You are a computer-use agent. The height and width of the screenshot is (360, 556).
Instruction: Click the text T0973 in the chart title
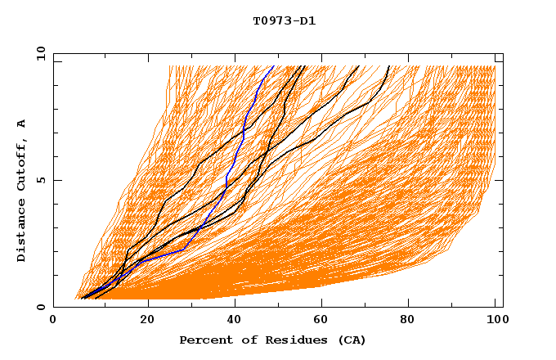click(271, 21)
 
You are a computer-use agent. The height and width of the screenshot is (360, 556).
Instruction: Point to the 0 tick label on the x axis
click(53, 321)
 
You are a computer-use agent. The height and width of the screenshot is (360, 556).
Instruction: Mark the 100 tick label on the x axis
click(495, 321)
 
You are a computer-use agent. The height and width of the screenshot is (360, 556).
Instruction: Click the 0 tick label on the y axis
click(40, 307)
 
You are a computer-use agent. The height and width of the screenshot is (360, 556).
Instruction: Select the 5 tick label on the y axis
click(40, 180)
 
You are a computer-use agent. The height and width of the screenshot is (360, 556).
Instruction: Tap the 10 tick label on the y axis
click(39, 53)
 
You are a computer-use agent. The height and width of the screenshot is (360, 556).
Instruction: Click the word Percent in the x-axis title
click(204, 340)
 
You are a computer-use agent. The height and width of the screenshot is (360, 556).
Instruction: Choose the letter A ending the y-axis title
click(22, 124)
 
